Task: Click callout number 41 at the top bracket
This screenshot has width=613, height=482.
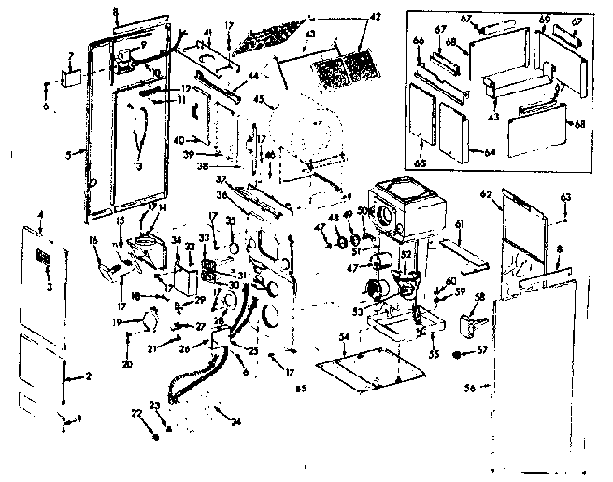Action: coord(209,34)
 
